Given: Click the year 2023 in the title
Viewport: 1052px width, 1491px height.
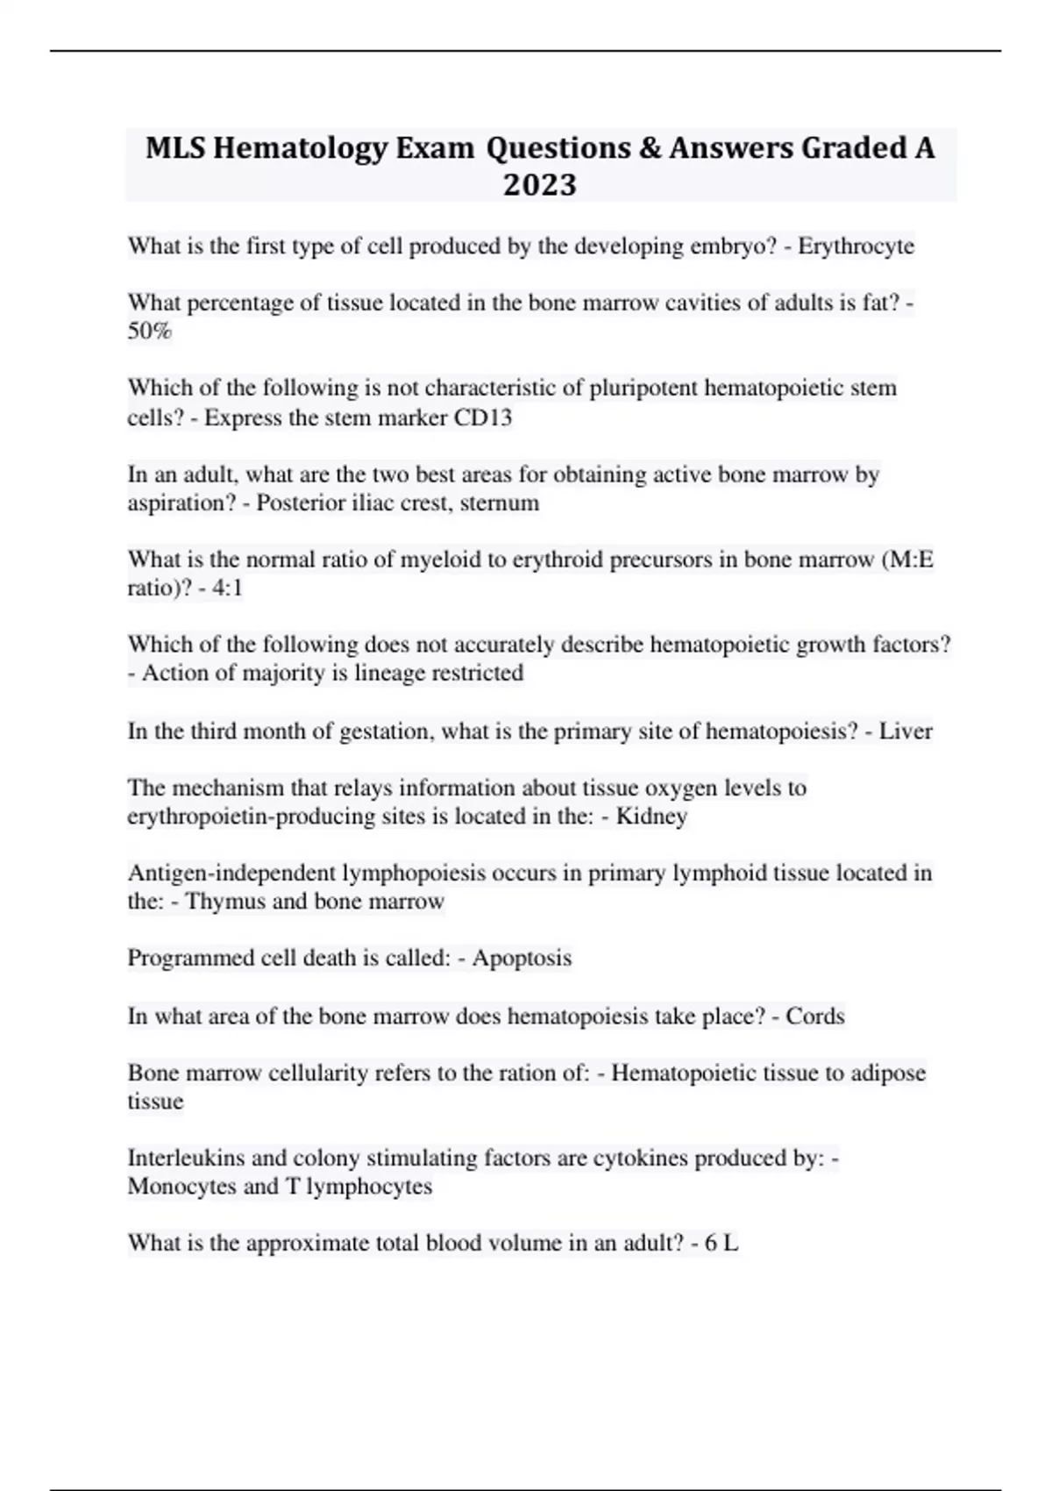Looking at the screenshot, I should click(539, 185).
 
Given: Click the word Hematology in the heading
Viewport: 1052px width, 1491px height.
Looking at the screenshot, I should click(300, 148).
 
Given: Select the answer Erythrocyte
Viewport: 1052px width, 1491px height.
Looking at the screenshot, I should click(856, 246).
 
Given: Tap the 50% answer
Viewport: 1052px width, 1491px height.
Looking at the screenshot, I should click(150, 332).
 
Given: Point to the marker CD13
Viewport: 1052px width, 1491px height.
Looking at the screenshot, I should click(482, 417).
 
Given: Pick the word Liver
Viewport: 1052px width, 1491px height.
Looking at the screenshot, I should click(906, 731).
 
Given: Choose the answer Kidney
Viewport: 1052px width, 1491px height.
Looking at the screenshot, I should click(651, 817).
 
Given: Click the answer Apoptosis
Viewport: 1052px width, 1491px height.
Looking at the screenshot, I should click(522, 958).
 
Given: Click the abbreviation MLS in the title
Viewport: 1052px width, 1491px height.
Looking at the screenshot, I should click(175, 148).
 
